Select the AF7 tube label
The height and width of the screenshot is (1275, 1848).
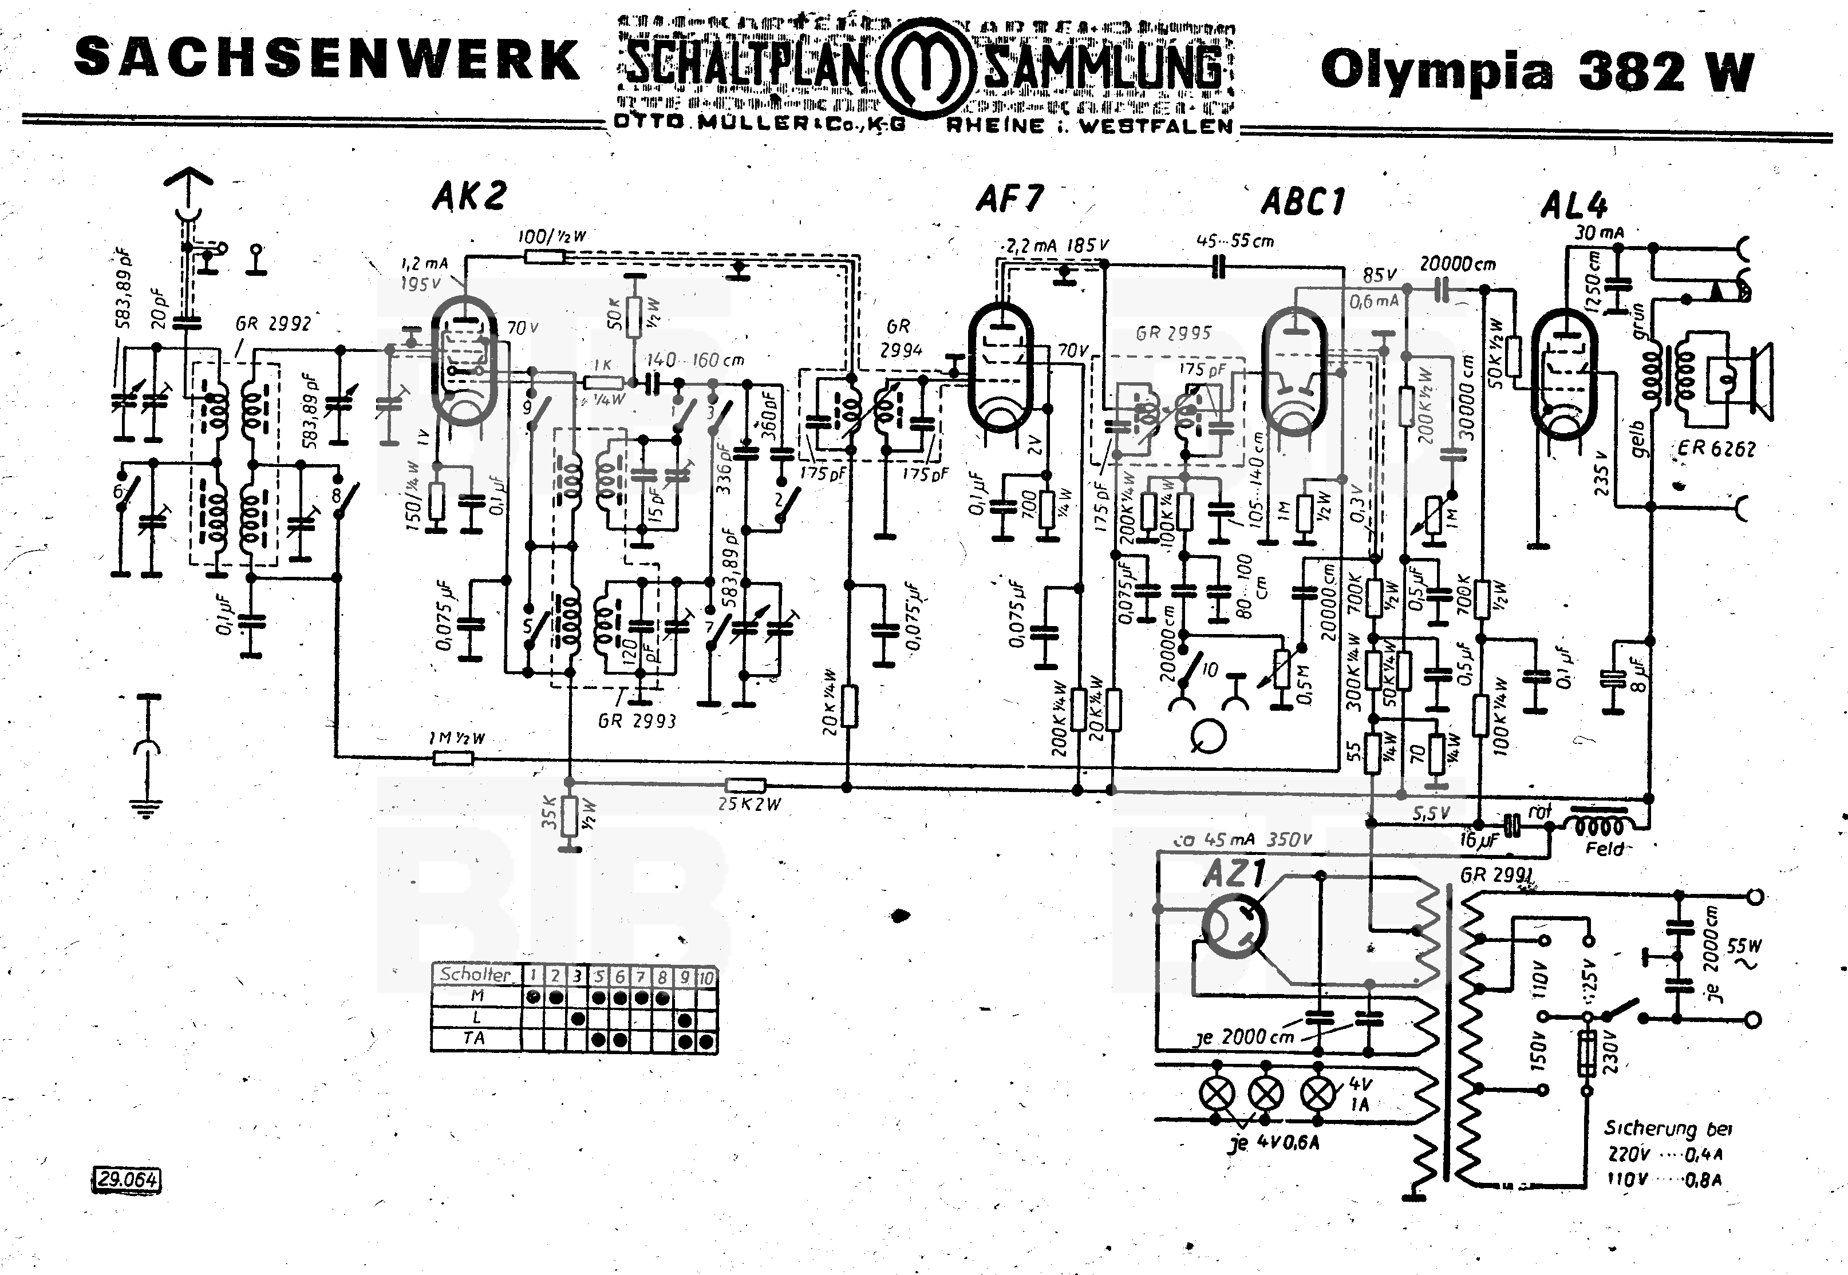1010,199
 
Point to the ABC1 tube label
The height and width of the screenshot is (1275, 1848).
1303,202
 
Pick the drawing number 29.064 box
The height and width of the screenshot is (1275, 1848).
128,1179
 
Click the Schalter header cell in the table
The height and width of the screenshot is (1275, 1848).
475,975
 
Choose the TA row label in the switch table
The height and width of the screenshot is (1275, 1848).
475,1039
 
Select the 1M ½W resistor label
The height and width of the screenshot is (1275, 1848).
457,739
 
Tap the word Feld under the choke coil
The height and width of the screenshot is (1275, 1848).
1604,849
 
